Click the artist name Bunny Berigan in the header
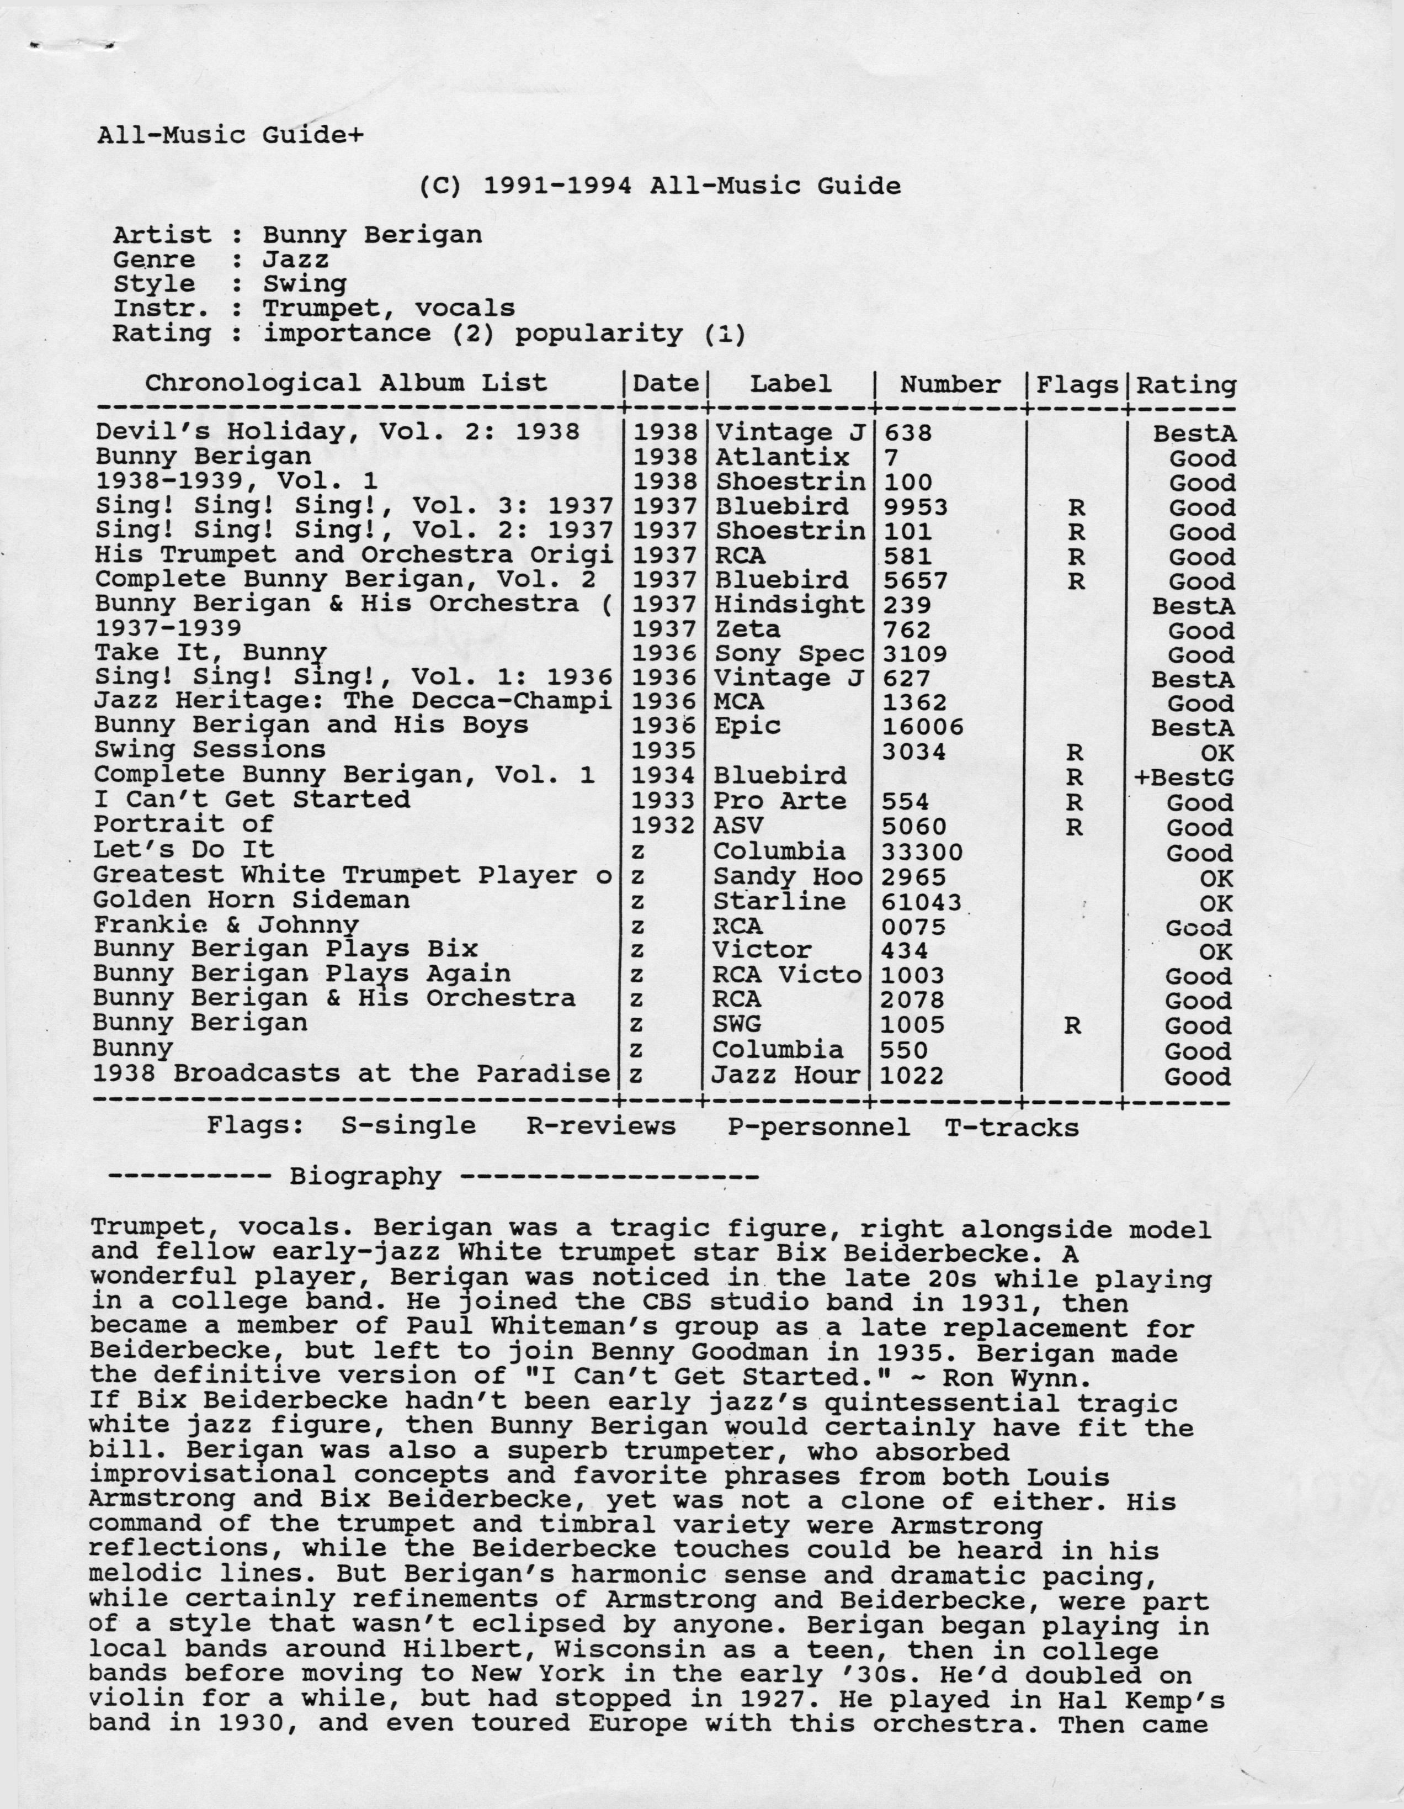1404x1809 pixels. (x=373, y=235)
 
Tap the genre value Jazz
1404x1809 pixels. (x=296, y=260)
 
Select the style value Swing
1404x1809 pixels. (x=305, y=284)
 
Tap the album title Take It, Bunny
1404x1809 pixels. (x=210, y=654)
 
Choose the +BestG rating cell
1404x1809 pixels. (x=1184, y=777)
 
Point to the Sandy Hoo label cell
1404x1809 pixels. (x=787, y=877)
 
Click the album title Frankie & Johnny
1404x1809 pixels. (x=226, y=925)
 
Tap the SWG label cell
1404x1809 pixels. (x=737, y=1025)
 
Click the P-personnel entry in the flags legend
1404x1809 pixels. (x=819, y=1128)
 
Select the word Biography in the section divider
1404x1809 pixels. (x=365, y=1177)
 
